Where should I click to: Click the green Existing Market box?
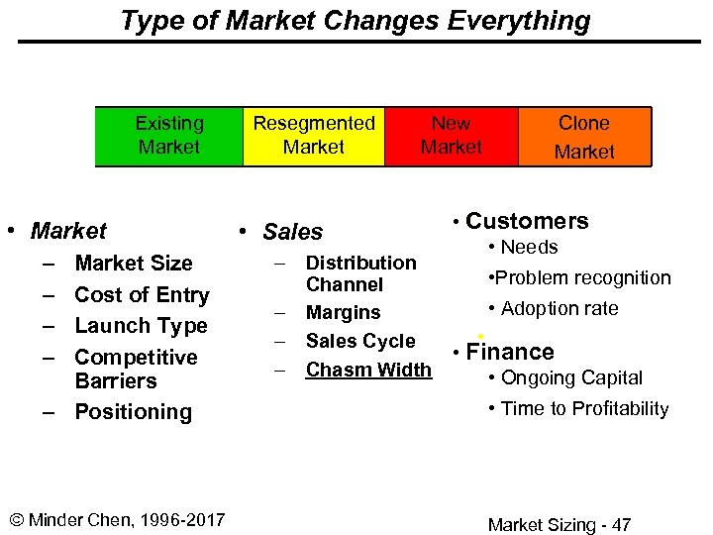[168, 136]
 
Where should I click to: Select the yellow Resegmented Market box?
[313, 136]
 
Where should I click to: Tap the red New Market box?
[451, 136]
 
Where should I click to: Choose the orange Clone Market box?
[583, 137]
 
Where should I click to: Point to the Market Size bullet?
[134, 264]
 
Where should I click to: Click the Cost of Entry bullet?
[142, 295]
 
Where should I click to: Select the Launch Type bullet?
[141, 326]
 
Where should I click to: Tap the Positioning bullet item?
[133, 412]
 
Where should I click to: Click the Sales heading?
[292, 232]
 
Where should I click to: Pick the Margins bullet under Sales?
[343, 313]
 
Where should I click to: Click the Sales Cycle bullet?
[360, 342]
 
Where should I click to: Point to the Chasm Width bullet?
[368, 371]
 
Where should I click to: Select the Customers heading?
[527, 221]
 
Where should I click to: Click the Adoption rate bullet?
[560, 309]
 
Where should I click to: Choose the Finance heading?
[510, 352]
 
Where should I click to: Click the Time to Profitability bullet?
[584, 409]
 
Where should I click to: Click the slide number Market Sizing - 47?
[560, 525]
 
